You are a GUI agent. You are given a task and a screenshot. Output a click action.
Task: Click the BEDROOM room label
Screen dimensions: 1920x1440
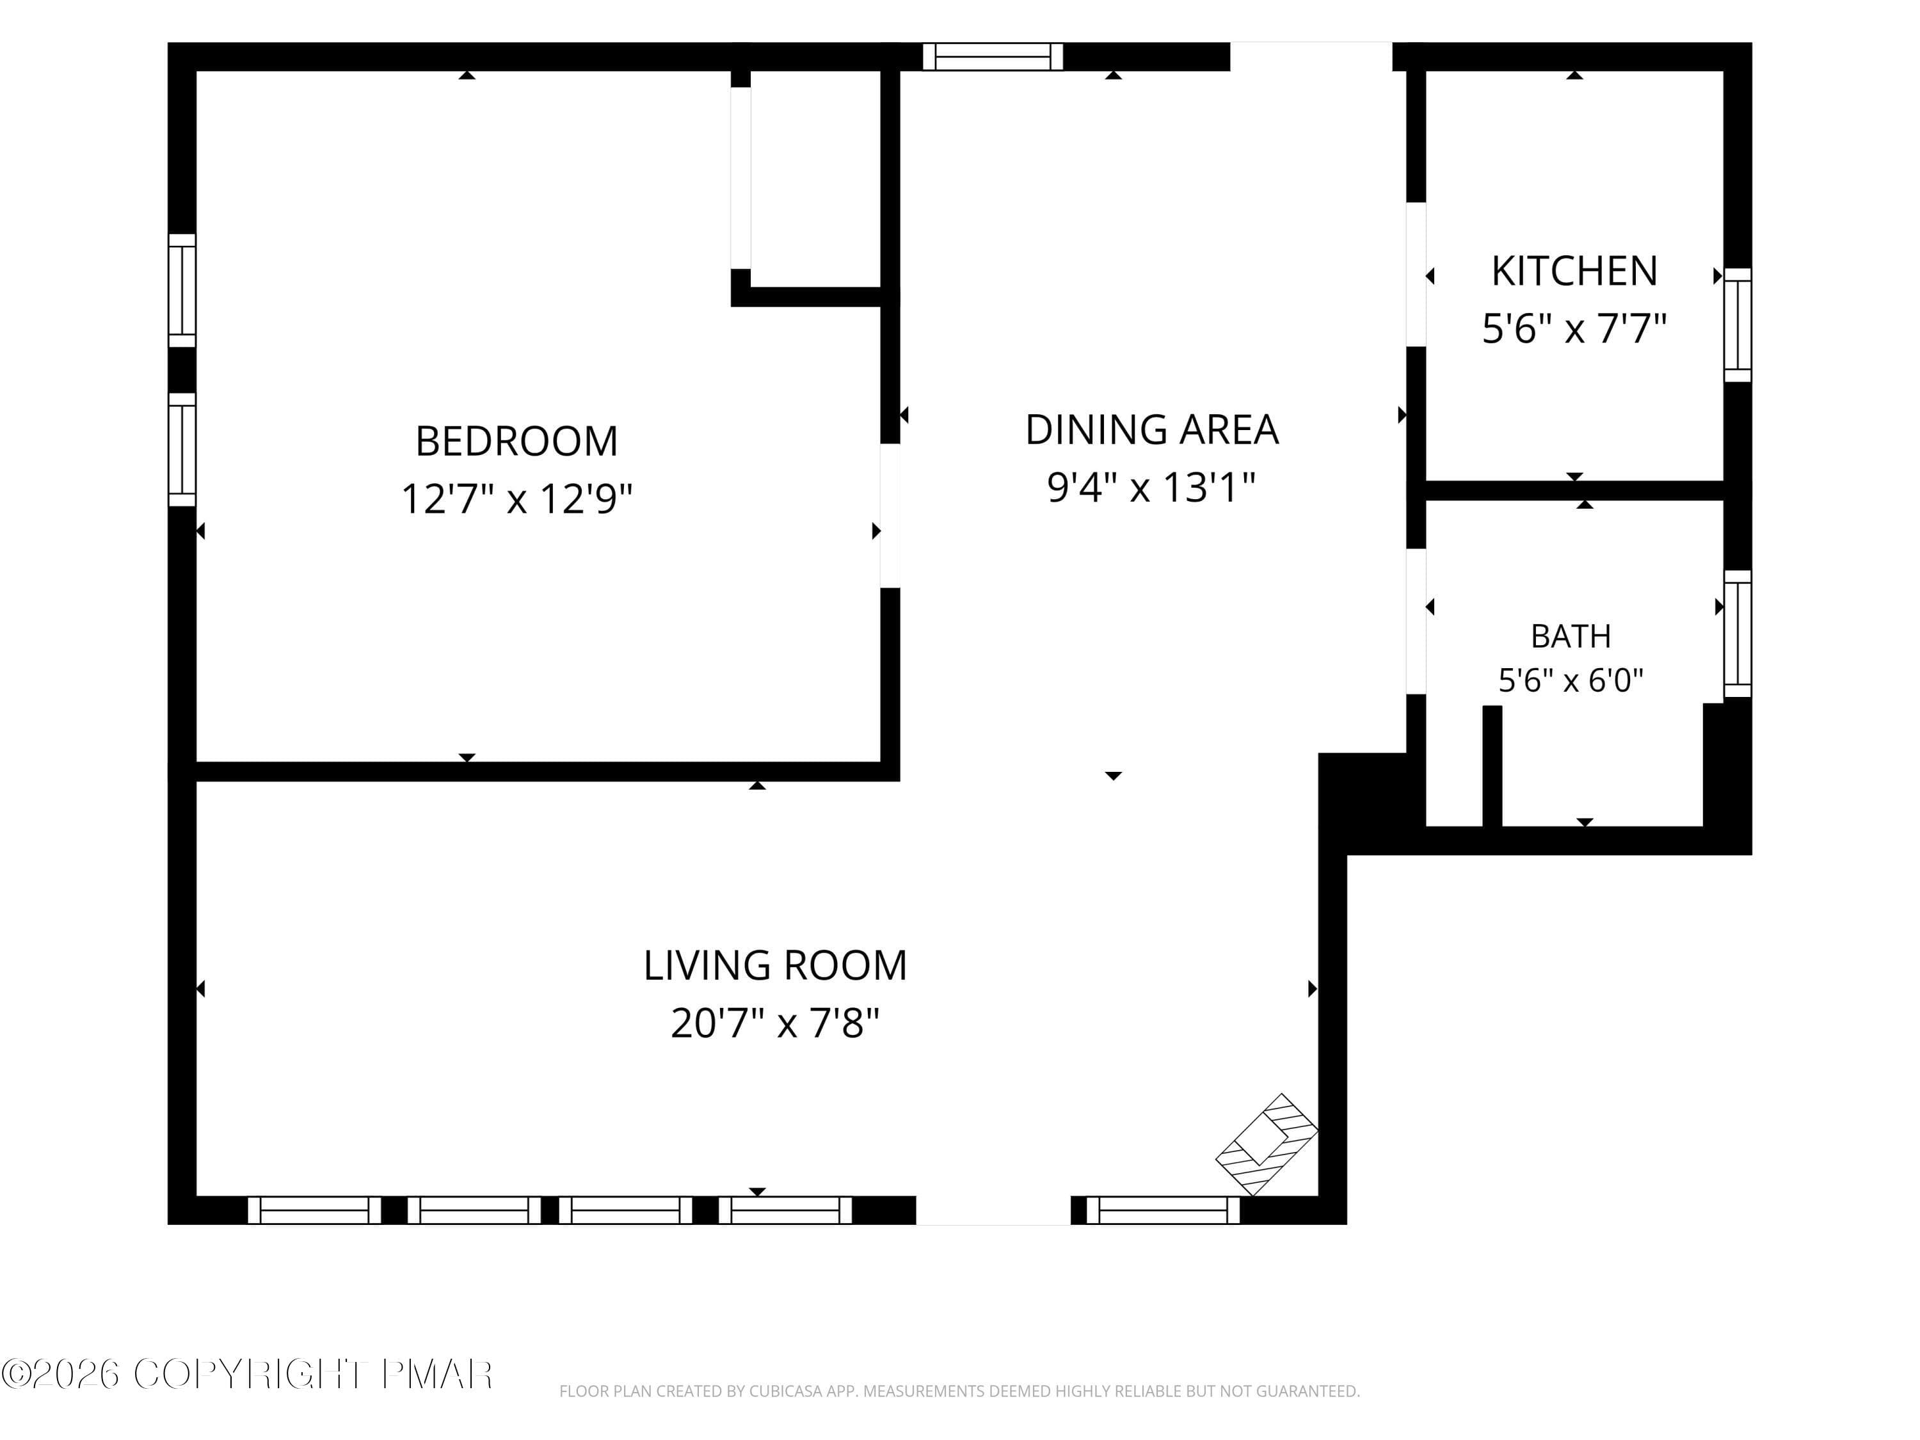click(516, 441)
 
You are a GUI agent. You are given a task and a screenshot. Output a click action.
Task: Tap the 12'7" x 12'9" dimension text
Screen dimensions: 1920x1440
click(516, 499)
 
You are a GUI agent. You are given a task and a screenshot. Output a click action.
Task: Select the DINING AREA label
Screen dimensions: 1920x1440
click(1152, 429)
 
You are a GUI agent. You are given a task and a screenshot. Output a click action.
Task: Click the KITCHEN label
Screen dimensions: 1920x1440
click(1574, 272)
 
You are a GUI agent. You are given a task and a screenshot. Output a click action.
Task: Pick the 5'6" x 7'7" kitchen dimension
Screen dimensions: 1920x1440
click(1574, 329)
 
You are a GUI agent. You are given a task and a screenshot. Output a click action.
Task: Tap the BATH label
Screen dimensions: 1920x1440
click(1571, 636)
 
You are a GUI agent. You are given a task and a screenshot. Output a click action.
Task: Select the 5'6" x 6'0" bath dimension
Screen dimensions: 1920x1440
click(1571, 680)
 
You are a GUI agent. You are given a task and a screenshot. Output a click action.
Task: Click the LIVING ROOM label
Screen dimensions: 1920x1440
click(775, 965)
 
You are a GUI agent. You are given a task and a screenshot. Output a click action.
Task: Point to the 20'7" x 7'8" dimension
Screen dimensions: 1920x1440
click(775, 1023)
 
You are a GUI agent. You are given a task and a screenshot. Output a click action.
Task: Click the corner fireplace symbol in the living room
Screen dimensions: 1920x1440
click(1267, 1145)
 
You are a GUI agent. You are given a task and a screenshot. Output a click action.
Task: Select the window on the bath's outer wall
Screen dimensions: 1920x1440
click(1738, 634)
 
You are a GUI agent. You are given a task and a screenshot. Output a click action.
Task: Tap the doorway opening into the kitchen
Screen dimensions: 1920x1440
click(1416, 275)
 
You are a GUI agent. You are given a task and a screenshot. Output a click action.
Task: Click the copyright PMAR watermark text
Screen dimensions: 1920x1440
click(248, 1374)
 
